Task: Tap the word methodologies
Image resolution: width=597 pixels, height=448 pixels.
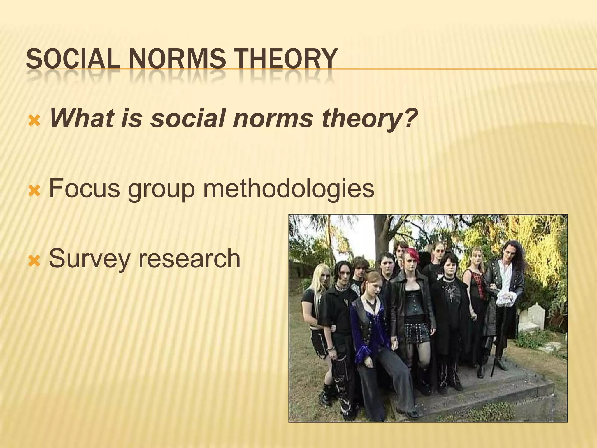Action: point(289,189)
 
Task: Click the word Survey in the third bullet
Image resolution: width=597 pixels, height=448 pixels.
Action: point(89,259)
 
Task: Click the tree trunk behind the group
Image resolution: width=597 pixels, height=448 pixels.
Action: point(379,233)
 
